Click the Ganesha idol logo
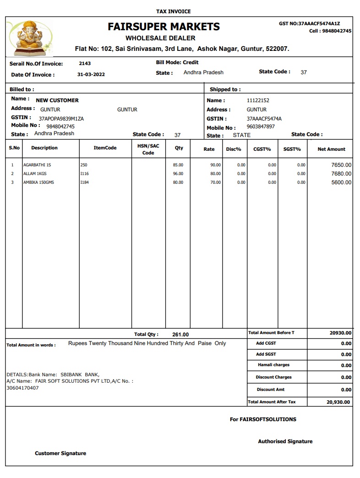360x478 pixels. click(31, 37)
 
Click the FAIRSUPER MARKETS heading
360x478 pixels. click(164, 27)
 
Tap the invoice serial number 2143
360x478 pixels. click(85, 64)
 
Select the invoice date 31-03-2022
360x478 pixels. click(91, 75)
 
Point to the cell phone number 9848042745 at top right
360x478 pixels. click(336, 31)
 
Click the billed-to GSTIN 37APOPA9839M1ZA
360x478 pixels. click(61, 119)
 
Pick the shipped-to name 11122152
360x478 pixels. click(258, 100)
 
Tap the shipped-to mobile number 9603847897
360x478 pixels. click(261, 126)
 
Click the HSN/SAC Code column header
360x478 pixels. click(148, 149)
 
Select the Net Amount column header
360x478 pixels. click(331, 149)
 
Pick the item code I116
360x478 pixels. click(84, 174)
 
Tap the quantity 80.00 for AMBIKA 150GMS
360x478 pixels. click(178, 182)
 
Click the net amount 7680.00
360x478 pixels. click(341, 174)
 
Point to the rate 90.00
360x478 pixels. click(215, 165)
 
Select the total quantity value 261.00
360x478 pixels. click(180, 335)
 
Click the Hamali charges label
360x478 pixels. click(274, 365)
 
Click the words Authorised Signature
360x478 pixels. click(285, 441)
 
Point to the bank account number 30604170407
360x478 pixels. click(22, 388)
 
